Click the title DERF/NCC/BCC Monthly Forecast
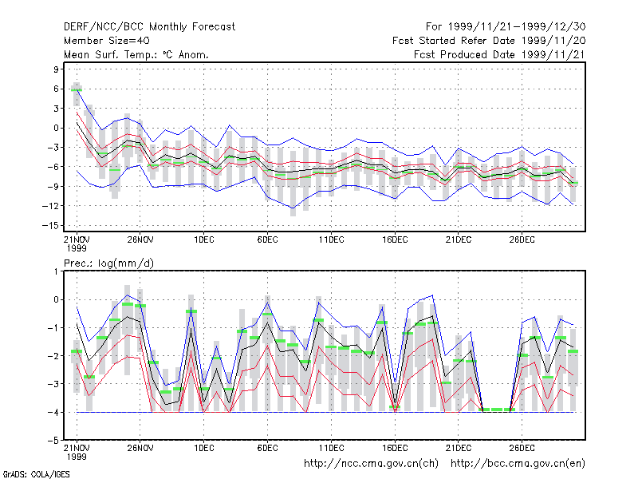click(149, 27)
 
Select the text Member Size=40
click(107, 41)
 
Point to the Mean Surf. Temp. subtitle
click(136, 54)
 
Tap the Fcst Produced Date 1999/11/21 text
click(500, 54)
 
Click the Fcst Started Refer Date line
click(489, 41)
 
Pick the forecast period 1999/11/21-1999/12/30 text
click(506, 27)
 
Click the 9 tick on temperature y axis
click(56, 69)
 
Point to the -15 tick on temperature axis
click(50, 225)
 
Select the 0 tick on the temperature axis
click(56, 128)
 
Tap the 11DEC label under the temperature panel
click(331, 239)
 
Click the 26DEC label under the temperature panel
click(522, 239)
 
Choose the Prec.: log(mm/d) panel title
click(108, 263)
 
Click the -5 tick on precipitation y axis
click(54, 441)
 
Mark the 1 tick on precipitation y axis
click(56, 271)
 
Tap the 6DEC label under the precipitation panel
click(267, 448)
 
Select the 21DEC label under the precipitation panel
click(458, 448)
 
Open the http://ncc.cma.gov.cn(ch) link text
click(371, 464)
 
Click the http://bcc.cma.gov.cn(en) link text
click(518, 464)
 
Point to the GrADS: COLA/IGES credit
click(36, 474)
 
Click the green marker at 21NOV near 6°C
click(77, 90)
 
